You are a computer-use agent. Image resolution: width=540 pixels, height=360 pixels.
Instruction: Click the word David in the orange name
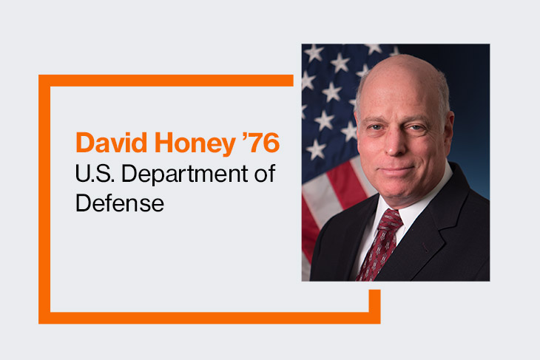[x=111, y=143]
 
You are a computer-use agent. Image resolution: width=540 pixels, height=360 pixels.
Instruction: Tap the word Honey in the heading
[x=195, y=144]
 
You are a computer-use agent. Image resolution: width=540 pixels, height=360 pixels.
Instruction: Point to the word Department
[x=185, y=174]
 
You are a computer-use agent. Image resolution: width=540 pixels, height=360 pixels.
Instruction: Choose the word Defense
[x=120, y=203]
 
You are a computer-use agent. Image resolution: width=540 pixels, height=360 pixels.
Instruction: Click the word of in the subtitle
[x=265, y=173]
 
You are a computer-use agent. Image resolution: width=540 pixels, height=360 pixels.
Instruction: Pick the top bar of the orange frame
[x=166, y=81]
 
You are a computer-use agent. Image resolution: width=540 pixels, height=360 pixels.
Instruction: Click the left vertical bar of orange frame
[x=44, y=199]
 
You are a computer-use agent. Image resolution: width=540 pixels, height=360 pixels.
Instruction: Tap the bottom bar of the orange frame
[x=209, y=318]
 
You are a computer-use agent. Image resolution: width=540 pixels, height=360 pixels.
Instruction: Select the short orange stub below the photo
[x=375, y=301]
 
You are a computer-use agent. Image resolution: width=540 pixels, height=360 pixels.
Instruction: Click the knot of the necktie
[x=391, y=220]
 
